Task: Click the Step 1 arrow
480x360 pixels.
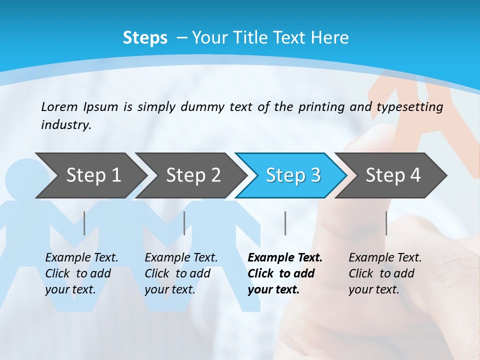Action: [x=93, y=175]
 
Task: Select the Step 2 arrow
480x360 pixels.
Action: [x=193, y=175]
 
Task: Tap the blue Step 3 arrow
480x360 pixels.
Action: [x=292, y=175]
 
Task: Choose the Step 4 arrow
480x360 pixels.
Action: [x=392, y=175]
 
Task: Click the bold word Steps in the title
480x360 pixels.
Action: [x=145, y=38]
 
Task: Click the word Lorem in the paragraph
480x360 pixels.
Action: [x=59, y=106]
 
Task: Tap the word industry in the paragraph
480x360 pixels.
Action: [x=65, y=125]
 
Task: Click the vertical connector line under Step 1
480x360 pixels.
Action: [x=84, y=223]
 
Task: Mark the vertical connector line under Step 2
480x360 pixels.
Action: [x=184, y=223]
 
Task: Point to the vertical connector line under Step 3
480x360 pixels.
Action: [x=285, y=223]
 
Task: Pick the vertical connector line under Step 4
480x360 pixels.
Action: [x=386, y=223]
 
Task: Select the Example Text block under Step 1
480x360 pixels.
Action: [x=81, y=273]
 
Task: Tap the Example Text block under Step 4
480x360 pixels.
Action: [x=385, y=273]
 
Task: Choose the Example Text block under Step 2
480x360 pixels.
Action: [x=181, y=273]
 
